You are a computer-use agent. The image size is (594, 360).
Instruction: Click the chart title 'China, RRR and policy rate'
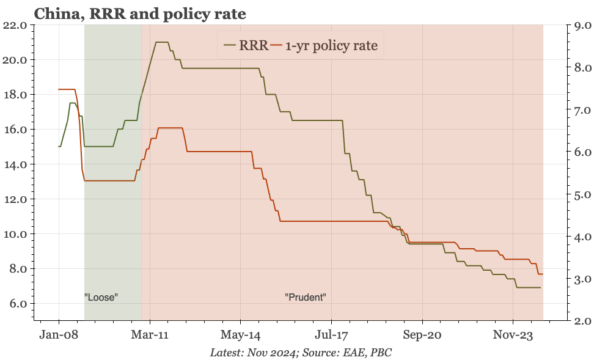point(140,13)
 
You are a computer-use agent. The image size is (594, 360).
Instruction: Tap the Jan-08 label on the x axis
point(59,335)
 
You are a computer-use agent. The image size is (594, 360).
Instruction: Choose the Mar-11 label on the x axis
point(150,335)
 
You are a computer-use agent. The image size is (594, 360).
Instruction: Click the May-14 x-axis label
point(240,335)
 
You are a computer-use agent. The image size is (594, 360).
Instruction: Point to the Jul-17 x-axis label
point(331,335)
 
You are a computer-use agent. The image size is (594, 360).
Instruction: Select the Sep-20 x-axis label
point(422,335)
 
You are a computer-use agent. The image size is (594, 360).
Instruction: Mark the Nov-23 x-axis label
point(512,335)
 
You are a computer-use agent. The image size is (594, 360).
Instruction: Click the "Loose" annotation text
point(101,298)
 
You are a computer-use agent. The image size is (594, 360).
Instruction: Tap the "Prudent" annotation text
point(306,298)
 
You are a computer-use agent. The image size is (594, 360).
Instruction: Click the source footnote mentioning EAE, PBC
point(301,353)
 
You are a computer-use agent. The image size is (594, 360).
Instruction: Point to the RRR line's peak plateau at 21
point(162,42)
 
